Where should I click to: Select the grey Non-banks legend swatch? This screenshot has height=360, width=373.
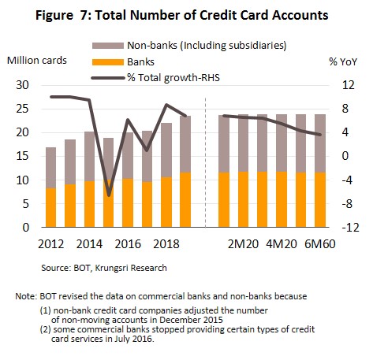tap(108, 46)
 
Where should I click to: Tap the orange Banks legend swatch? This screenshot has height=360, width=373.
tap(108, 62)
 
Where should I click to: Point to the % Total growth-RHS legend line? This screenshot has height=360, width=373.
tap(108, 78)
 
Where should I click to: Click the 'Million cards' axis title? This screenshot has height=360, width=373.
tap(37, 61)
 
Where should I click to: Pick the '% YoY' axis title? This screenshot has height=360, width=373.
tap(343, 61)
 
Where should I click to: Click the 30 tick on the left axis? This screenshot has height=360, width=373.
tap(22, 85)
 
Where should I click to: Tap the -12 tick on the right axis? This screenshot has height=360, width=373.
tap(350, 228)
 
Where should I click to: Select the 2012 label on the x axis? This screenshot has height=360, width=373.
tap(51, 244)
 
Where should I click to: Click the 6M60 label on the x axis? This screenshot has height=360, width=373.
tap(320, 244)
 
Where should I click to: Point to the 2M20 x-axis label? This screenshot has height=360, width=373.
tap(243, 244)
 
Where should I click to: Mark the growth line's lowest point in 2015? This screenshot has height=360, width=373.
tap(109, 195)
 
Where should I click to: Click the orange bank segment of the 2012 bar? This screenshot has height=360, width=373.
tap(51, 207)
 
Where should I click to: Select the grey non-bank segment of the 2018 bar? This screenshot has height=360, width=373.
tap(166, 150)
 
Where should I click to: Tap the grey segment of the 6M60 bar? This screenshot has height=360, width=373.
tap(320, 143)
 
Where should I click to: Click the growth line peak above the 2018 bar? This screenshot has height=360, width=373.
tap(166, 105)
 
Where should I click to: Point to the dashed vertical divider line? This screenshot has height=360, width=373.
tap(205, 162)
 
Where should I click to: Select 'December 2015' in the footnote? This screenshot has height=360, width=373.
tap(191, 320)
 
